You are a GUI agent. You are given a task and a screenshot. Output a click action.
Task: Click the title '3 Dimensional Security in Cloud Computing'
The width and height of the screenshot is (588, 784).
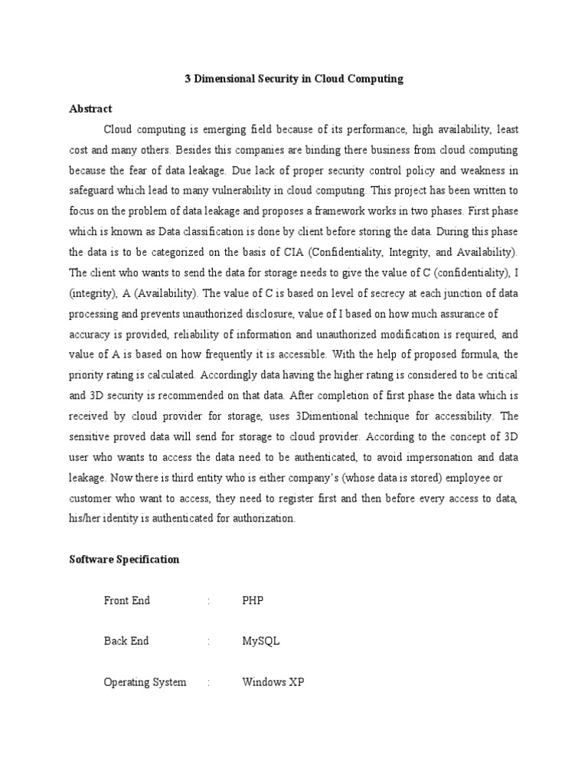(294, 79)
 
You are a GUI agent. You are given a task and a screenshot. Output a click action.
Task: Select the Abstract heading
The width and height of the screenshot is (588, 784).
(90, 109)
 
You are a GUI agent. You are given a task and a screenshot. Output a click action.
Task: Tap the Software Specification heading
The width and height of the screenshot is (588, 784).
(124, 559)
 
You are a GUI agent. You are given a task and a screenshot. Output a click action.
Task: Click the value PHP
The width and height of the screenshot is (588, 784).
(253, 600)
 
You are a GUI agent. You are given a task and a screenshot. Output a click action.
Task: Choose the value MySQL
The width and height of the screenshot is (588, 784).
(261, 641)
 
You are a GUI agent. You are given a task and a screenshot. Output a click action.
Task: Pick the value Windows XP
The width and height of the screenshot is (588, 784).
(273, 681)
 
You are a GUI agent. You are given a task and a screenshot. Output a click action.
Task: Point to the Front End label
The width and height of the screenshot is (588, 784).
(127, 600)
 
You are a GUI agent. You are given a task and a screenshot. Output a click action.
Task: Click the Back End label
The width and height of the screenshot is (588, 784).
(126, 641)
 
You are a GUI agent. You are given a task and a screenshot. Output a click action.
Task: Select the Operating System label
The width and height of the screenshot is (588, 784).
(145, 681)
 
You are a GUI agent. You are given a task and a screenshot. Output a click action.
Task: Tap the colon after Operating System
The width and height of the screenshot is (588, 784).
(208, 681)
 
